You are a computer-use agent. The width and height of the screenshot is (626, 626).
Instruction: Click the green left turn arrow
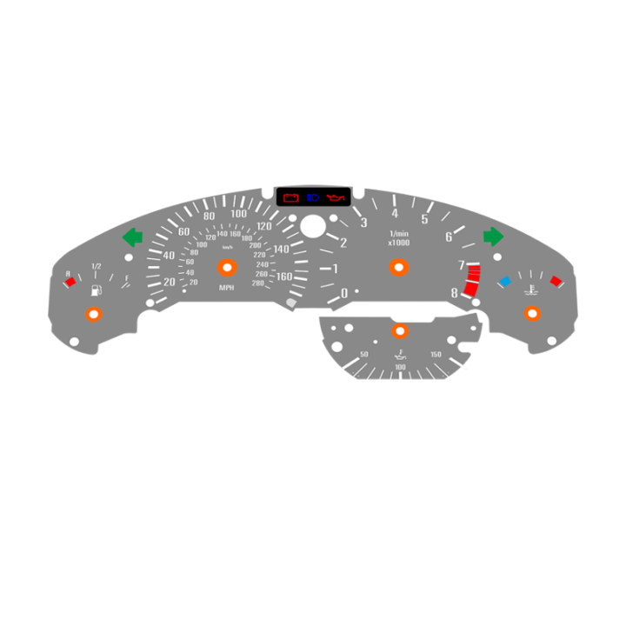click(132, 236)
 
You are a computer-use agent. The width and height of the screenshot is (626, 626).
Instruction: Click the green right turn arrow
click(493, 236)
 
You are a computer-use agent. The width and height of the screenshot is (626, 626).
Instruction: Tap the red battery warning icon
click(290, 199)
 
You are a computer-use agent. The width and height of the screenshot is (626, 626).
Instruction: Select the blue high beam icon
click(313, 199)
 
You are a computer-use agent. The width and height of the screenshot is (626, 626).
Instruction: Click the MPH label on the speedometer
click(226, 288)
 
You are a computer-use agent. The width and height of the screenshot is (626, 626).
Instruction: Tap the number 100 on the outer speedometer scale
click(237, 213)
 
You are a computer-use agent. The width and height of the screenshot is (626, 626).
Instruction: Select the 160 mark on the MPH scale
click(283, 276)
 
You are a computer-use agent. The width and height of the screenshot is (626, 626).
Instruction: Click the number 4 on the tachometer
click(395, 214)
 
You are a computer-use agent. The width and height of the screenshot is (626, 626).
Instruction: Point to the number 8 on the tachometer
click(454, 293)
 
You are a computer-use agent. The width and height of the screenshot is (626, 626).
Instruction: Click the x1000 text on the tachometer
click(399, 243)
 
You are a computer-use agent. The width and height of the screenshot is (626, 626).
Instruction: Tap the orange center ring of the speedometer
click(226, 267)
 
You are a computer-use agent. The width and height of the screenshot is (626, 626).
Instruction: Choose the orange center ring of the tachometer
click(399, 267)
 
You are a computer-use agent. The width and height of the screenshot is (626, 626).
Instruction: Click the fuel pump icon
click(95, 282)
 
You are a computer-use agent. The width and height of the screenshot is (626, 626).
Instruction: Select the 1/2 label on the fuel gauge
click(96, 266)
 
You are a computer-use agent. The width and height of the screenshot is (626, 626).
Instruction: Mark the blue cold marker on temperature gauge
click(504, 281)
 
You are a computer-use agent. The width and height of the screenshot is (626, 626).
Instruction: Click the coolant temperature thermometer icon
click(529, 286)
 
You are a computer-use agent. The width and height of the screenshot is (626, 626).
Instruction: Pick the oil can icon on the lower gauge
click(400, 356)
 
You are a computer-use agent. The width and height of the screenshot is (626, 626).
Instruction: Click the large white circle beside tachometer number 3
click(312, 227)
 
